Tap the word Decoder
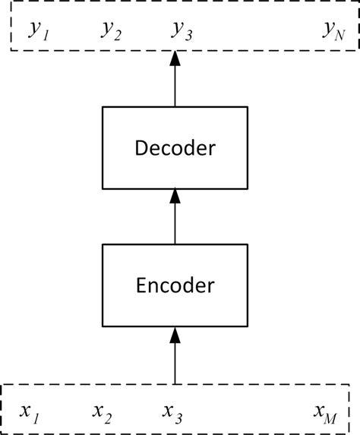175,148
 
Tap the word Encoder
175,286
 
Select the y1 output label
38,31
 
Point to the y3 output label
182,31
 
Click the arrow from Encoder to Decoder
175,220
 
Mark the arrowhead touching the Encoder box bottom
175,334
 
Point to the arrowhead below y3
175,58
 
